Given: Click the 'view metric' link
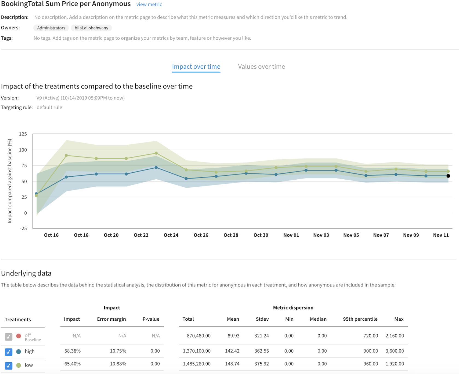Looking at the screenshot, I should tap(149, 4).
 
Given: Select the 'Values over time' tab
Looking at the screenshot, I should tap(261, 66).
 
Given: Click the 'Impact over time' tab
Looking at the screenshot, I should tap(196, 66).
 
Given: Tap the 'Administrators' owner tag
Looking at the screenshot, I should tap(51, 28).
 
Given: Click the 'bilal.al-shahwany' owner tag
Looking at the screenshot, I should tap(91, 28).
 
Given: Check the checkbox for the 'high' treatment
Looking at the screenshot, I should tap(8, 352).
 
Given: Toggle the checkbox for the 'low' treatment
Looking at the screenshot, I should tap(8, 366).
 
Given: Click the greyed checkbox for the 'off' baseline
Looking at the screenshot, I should tap(8, 337).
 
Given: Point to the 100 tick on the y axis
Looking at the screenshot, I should tap(23, 150).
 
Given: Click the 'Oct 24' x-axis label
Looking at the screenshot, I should tap(171, 235).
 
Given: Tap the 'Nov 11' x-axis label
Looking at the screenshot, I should tap(441, 235).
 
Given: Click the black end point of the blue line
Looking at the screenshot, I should tap(448, 176).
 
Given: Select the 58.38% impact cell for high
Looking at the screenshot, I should tap(72, 351).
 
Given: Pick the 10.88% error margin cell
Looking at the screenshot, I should tap(118, 364).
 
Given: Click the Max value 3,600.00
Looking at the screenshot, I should tap(395, 351).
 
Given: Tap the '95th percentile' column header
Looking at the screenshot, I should tap(360, 319).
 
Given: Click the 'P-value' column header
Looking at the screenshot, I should tap(151, 319).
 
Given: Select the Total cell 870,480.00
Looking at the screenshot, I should tap(198, 336).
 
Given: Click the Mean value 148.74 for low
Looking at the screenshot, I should tap(232, 364).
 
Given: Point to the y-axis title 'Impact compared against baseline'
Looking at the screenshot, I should tap(10, 181).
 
